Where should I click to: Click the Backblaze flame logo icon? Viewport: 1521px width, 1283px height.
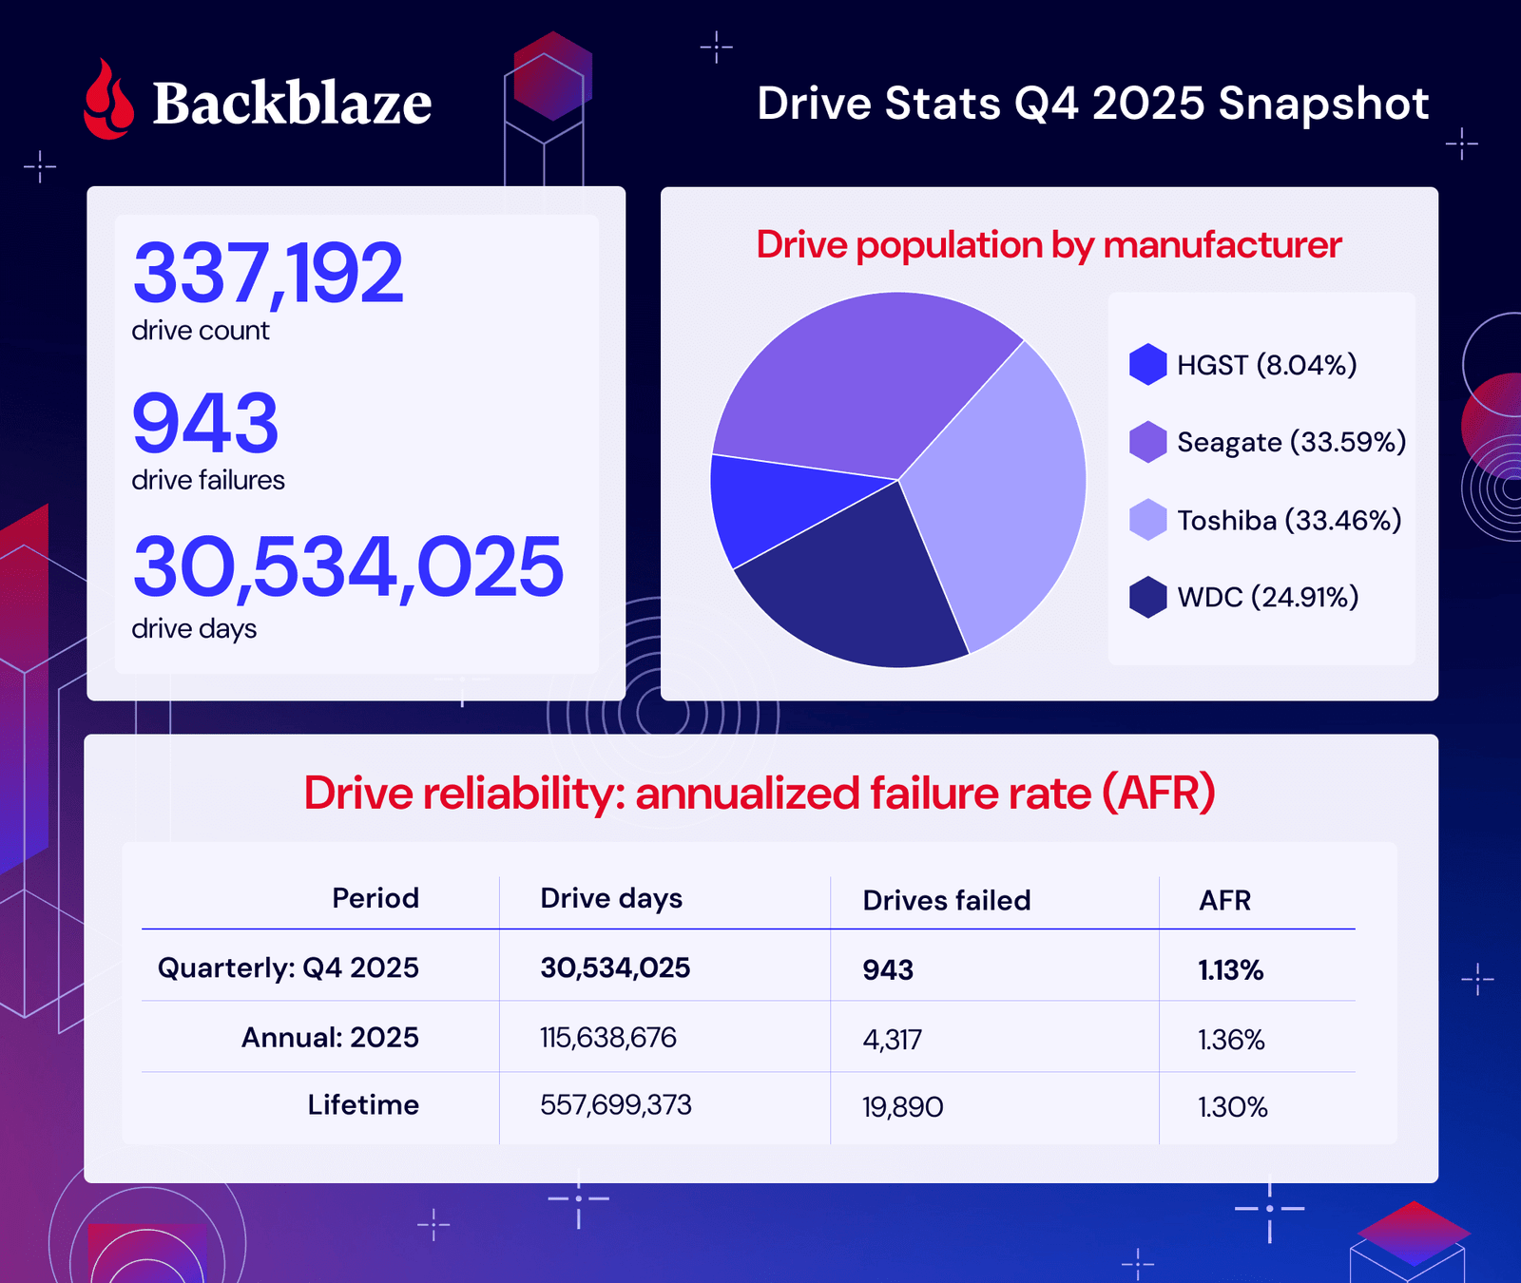[x=108, y=102]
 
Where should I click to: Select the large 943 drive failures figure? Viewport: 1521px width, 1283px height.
[x=205, y=423]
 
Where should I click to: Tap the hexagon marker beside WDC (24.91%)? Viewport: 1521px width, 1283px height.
[x=1148, y=597]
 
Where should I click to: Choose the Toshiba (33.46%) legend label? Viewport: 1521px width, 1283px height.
[x=1289, y=520]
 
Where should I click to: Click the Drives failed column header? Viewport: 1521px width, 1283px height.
[x=946, y=900]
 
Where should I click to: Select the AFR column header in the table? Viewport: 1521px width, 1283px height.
[x=1224, y=900]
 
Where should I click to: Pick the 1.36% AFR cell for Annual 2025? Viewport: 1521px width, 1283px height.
[x=1231, y=1040]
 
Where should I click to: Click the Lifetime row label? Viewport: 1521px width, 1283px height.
[x=363, y=1104]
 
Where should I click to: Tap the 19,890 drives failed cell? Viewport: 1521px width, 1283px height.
[x=902, y=1107]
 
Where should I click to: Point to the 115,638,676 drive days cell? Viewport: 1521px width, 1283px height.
[x=608, y=1037]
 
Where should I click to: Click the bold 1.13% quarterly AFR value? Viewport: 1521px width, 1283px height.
[x=1230, y=970]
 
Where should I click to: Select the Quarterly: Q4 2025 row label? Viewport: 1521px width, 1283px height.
[x=288, y=967]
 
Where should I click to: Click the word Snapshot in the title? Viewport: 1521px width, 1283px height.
[x=1323, y=103]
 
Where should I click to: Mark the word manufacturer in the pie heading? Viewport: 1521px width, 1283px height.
[x=1222, y=245]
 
